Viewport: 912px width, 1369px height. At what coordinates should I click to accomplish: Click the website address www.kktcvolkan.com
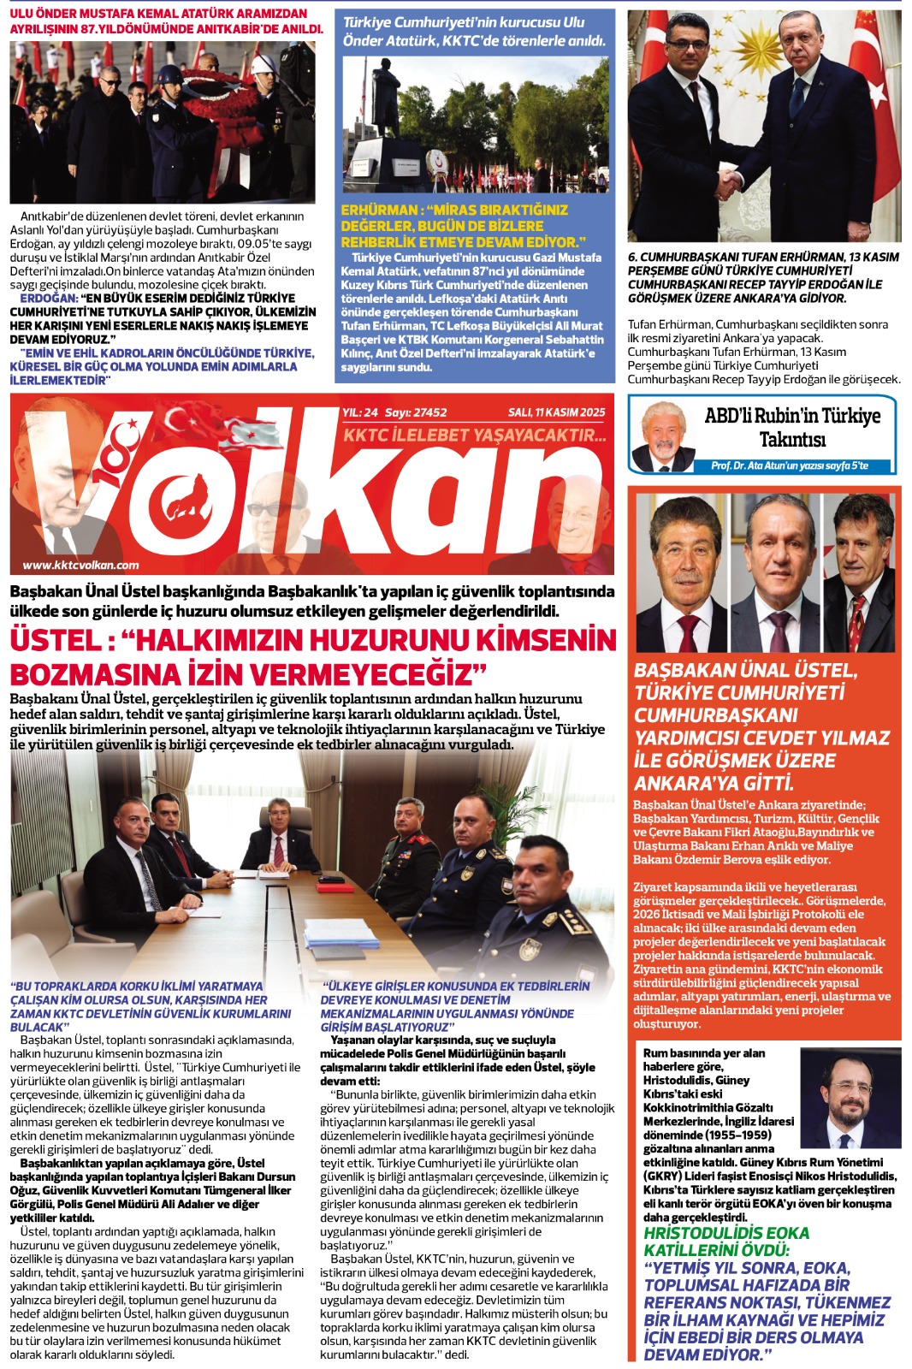tap(80, 565)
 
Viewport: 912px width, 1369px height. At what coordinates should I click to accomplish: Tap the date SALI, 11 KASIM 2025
tap(556, 412)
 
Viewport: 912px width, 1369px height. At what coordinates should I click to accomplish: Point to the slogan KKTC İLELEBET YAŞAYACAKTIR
tap(475, 436)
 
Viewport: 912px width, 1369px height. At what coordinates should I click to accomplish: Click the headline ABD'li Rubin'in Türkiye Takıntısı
tap(791, 427)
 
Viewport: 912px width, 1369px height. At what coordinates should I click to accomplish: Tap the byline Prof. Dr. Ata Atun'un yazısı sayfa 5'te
tap(789, 465)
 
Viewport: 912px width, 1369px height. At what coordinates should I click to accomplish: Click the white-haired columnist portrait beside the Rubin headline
tap(662, 435)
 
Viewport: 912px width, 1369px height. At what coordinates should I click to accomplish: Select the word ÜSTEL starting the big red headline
tap(56, 640)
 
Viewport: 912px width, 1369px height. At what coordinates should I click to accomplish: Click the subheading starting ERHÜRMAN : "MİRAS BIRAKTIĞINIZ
tap(463, 226)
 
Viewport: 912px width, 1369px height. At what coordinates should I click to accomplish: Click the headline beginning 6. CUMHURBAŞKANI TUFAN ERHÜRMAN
tap(763, 277)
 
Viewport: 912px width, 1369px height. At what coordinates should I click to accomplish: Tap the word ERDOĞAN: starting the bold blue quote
tap(48, 299)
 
